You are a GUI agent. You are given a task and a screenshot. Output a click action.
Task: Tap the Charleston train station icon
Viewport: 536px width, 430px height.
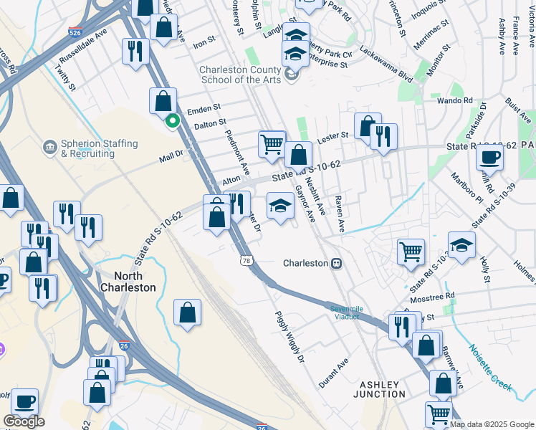tap(335, 263)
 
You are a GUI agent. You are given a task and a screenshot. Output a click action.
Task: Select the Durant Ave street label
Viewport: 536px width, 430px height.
tap(333, 373)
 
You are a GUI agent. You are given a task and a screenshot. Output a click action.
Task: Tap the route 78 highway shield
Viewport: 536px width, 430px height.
tap(246, 261)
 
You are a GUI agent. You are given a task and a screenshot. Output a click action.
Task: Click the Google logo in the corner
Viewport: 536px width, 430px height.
tap(24, 421)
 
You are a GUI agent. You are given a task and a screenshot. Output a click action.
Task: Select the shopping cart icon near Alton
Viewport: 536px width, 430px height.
tap(272, 143)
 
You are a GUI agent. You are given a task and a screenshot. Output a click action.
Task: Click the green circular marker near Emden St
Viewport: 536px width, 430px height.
tap(171, 121)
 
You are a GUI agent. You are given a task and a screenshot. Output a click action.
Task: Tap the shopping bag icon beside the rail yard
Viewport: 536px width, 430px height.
tap(187, 312)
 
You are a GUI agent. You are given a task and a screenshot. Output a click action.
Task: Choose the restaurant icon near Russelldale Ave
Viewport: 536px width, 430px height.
tap(134, 50)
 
